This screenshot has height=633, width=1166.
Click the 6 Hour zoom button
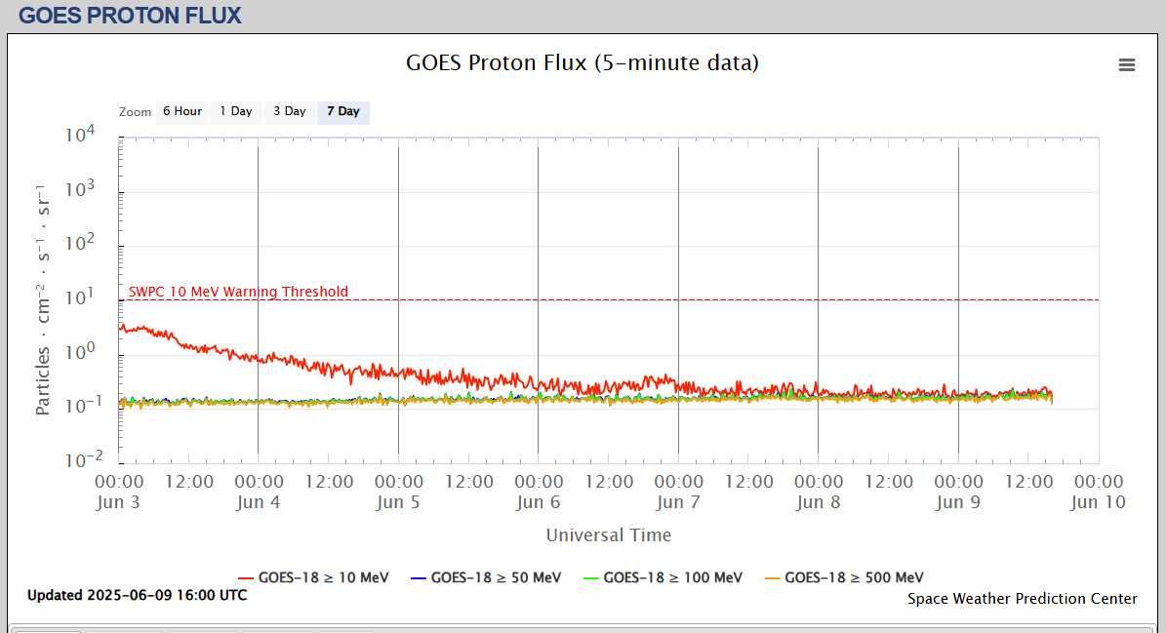pyautogui.click(x=181, y=111)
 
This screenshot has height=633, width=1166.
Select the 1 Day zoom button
pyautogui.click(x=236, y=111)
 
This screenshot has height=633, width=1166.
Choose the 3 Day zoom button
pyautogui.click(x=289, y=111)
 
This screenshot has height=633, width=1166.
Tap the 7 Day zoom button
pyautogui.click(x=343, y=111)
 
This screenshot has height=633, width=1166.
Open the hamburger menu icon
pyautogui.click(x=1127, y=64)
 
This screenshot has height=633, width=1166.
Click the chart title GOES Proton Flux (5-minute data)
pyautogui.click(x=583, y=63)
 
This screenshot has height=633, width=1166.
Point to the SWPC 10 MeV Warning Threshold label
pyautogui.click(x=238, y=292)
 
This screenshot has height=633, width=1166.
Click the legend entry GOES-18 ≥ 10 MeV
pyautogui.click(x=324, y=577)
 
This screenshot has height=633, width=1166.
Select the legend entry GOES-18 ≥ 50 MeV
pyautogui.click(x=496, y=577)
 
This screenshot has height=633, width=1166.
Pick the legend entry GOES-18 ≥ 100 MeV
pyautogui.click(x=672, y=577)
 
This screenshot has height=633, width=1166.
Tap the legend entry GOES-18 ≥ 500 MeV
pyautogui.click(x=854, y=577)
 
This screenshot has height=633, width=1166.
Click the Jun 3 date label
pyautogui.click(x=119, y=502)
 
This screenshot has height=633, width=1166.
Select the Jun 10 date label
pyautogui.click(x=1098, y=502)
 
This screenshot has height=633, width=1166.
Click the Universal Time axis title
pyautogui.click(x=609, y=534)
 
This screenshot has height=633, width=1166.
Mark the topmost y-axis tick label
pyautogui.click(x=91, y=136)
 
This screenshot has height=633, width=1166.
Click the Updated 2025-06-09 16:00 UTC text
pyautogui.click(x=138, y=595)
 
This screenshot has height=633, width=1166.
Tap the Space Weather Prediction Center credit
pyautogui.click(x=1023, y=599)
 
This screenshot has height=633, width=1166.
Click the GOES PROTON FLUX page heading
pyautogui.click(x=130, y=15)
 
